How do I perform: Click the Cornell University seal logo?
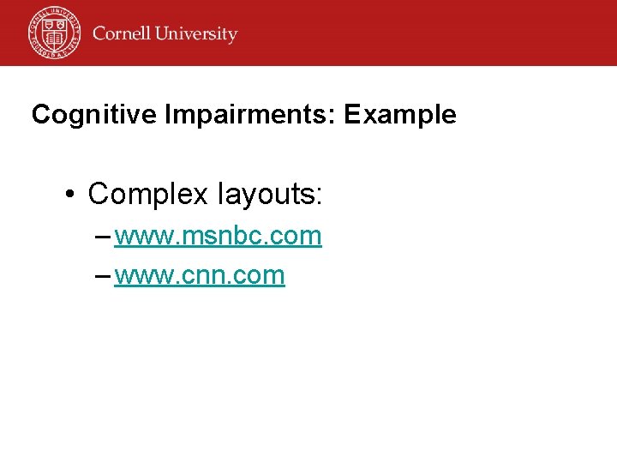coord(53,33)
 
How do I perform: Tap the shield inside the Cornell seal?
coord(53,33)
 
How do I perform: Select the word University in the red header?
coord(197,34)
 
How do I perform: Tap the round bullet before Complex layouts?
coord(72,195)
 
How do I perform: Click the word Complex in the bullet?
coord(148,195)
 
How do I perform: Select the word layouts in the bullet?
coord(265,195)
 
